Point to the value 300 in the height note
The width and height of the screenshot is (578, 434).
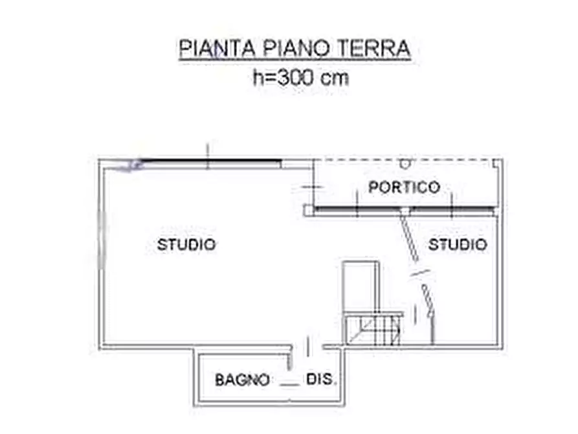point(300,78)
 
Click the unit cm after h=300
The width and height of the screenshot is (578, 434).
point(335,78)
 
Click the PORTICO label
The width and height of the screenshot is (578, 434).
point(404,187)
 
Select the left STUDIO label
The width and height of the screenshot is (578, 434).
point(186,245)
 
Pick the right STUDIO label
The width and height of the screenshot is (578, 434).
point(458,245)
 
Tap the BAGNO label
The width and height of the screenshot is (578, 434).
point(242,380)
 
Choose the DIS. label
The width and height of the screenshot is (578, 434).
point(322,380)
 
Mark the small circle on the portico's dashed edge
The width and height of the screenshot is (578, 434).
point(405,161)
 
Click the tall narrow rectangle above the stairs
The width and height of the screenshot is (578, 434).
point(359,285)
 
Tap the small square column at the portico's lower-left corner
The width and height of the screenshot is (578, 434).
point(312,210)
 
